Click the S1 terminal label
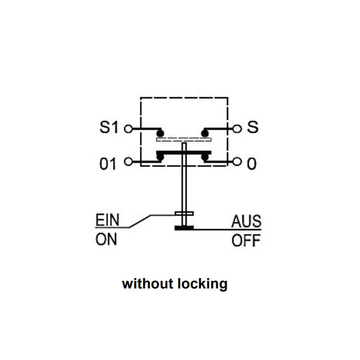pos(108,128)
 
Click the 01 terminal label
pos(108,164)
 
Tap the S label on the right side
pos(253,127)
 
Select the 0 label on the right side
pos(252,164)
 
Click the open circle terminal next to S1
pos(128,129)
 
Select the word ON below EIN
pos(106,239)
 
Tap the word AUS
pos(246,221)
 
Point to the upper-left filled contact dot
pos(160,133)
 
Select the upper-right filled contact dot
pos(206,133)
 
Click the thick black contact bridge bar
pos(184,153)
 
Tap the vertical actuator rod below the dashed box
pos(184,189)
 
